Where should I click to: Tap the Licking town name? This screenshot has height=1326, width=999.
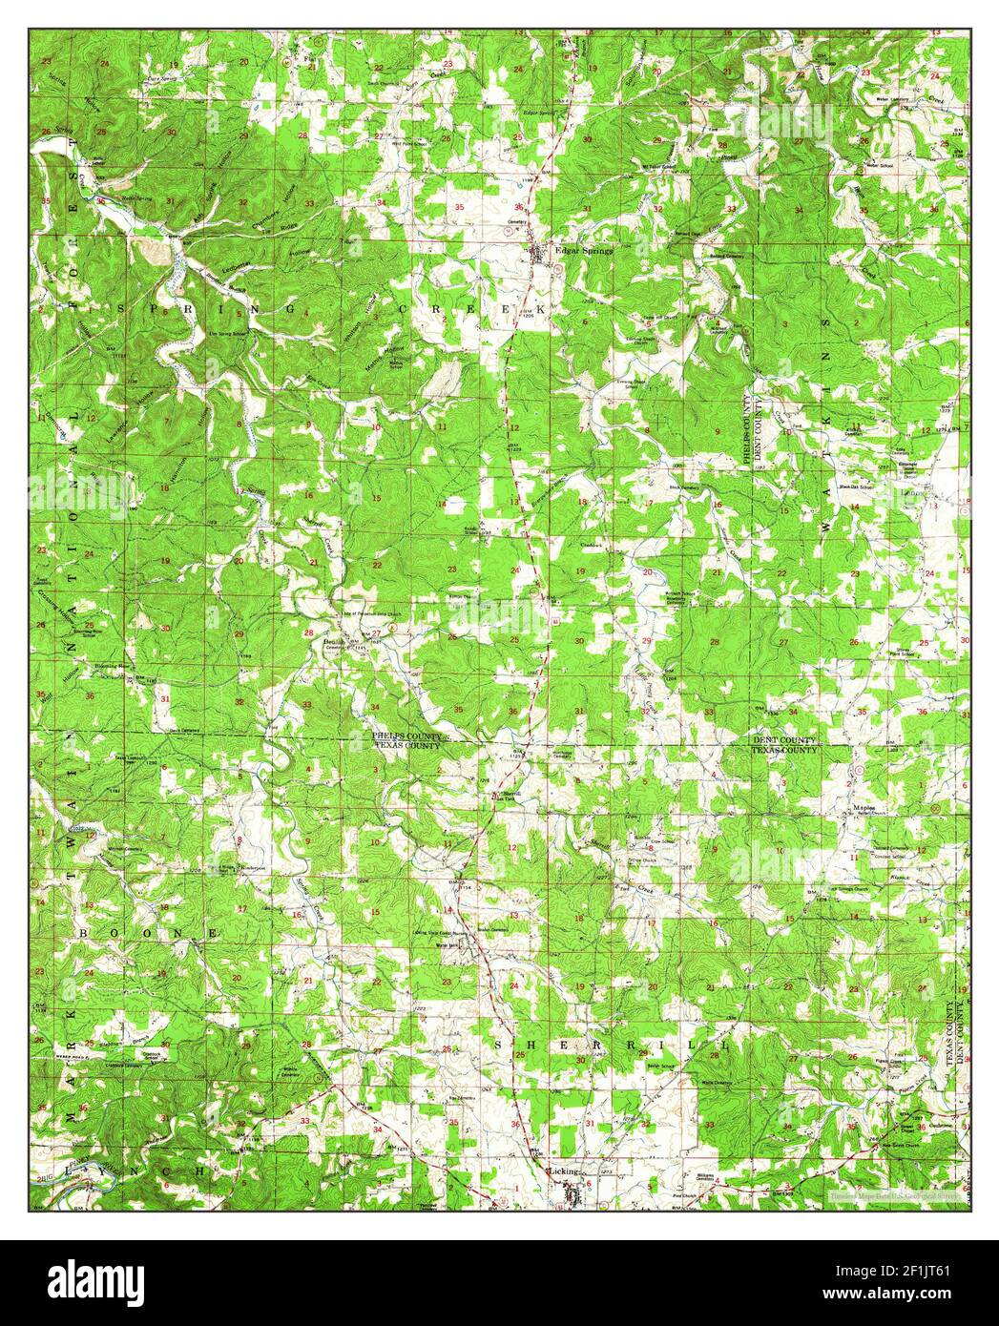click(562, 1170)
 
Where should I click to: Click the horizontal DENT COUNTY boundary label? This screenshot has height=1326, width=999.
click(785, 740)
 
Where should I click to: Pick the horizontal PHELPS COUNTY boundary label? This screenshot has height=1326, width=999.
click(406, 736)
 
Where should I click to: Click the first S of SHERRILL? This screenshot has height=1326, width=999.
click(502, 1046)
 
